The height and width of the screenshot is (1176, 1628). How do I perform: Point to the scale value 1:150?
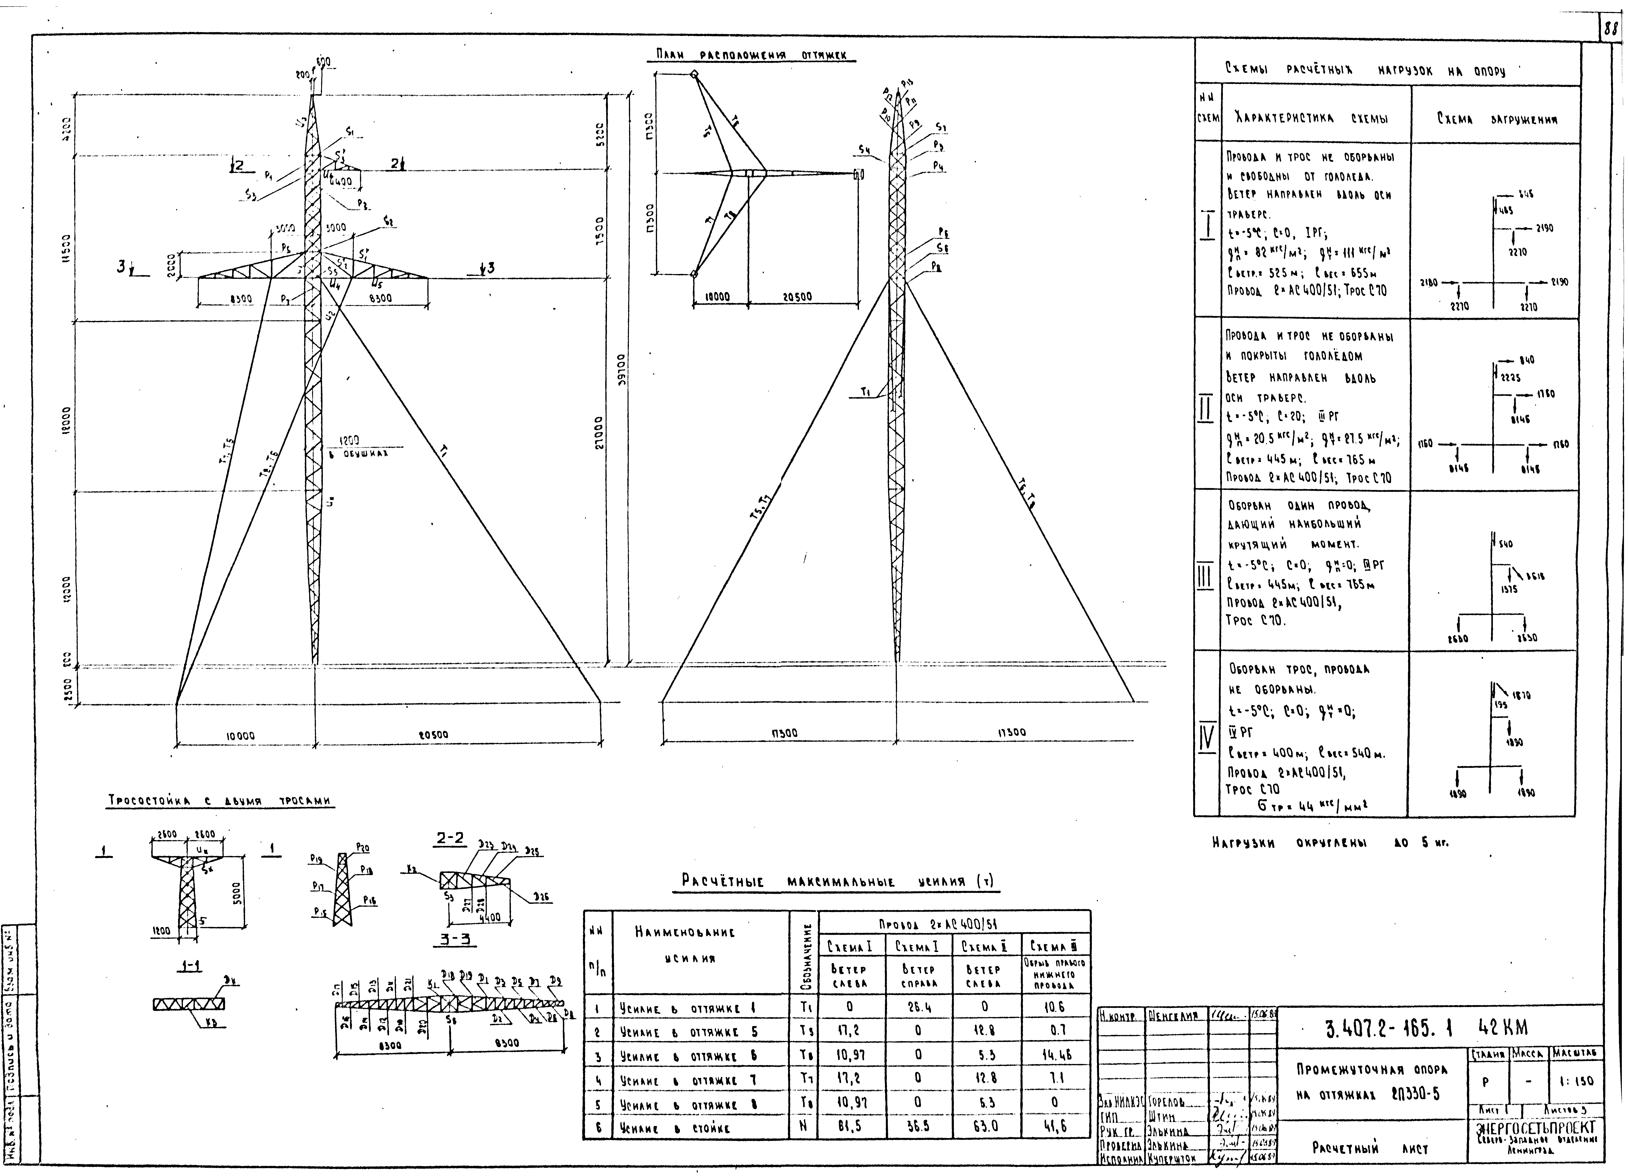[1576, 1080]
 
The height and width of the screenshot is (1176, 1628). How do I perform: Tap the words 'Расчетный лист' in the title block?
[1370, 1149]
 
